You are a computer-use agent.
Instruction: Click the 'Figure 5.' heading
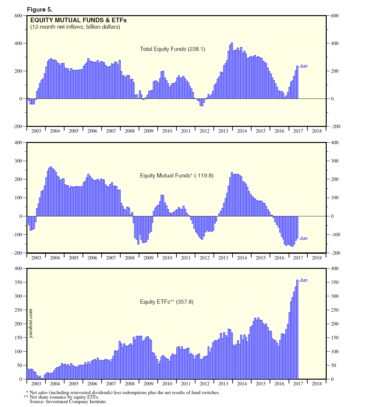40,9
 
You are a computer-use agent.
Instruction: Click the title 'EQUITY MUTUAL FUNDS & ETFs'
78,20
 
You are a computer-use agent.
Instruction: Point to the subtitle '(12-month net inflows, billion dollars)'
75,27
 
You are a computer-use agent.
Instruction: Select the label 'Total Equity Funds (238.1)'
172,49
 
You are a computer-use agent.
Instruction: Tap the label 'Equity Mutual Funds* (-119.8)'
176,175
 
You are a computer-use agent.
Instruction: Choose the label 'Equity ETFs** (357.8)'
166,302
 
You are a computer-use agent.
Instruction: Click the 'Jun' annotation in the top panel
303,66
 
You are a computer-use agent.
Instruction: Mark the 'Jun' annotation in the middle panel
303,238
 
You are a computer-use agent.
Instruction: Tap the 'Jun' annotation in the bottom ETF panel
303,280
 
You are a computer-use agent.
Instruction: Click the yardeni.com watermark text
31,324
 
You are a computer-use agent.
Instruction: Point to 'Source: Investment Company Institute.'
68,402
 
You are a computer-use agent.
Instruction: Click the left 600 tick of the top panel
18,16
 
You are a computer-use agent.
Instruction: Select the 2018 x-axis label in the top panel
317,131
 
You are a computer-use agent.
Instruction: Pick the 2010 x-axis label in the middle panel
167,258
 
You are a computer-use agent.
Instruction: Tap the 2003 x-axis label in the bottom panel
36,383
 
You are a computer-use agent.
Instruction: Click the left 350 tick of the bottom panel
18,282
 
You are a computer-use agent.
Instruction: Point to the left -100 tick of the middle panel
17,235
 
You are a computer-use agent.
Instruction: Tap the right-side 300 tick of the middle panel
335,161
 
